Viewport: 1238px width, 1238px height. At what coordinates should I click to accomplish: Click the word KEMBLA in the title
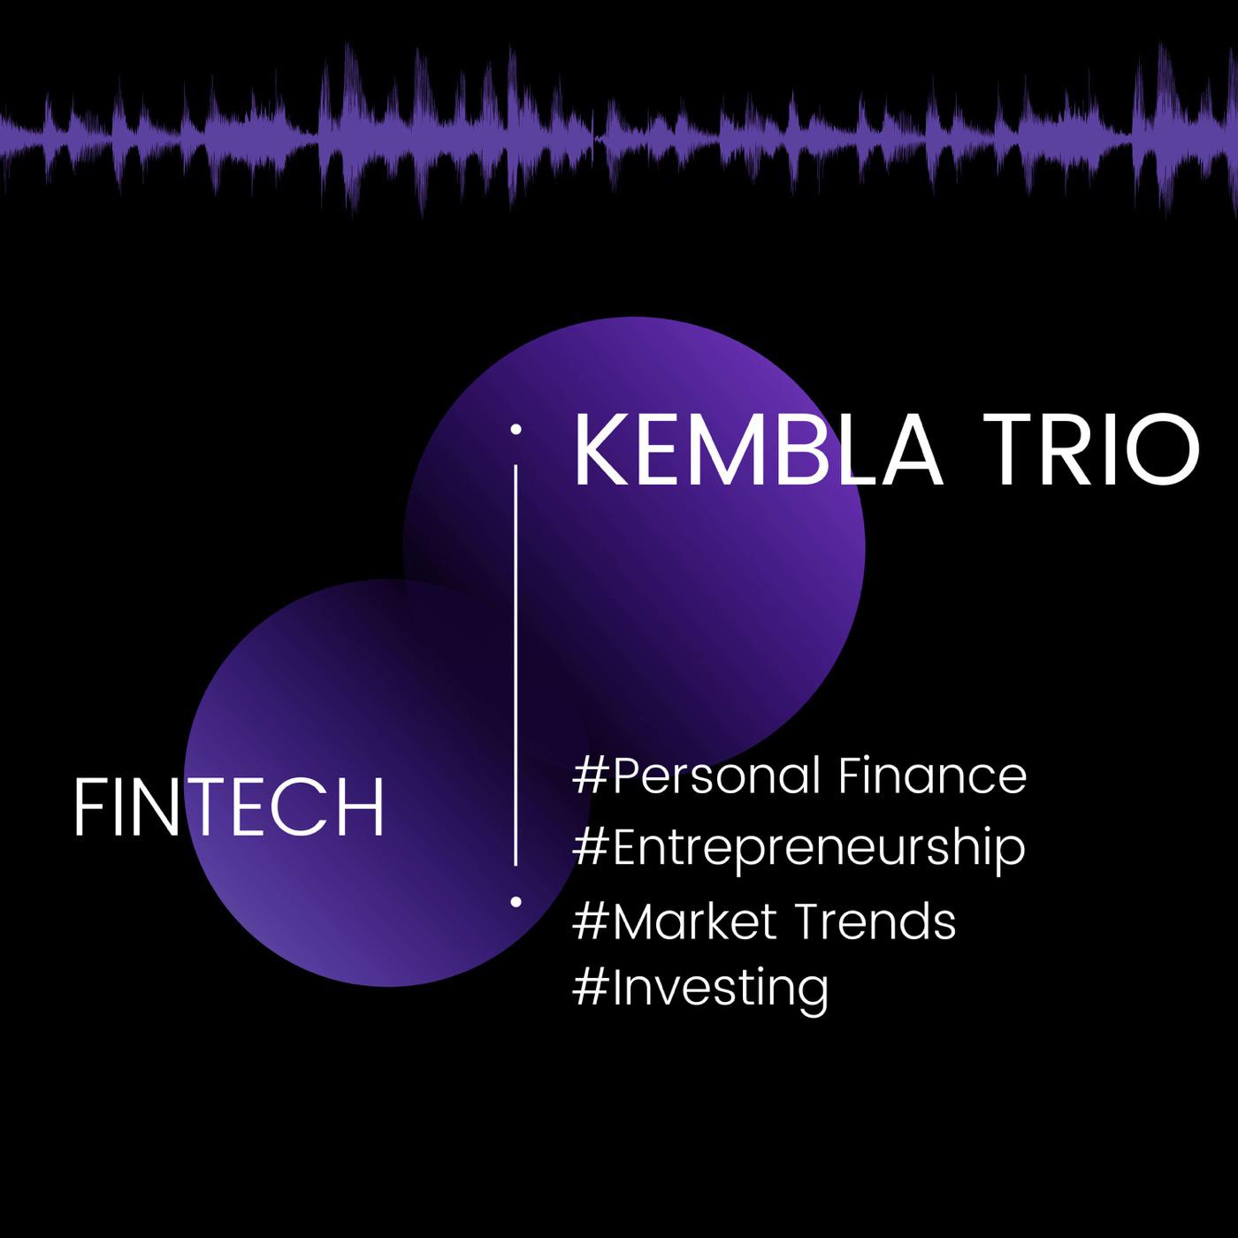[758, 450]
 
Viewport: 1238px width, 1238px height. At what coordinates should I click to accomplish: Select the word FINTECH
[229, 806]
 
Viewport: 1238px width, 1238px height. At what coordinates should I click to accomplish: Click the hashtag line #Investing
[699, 987]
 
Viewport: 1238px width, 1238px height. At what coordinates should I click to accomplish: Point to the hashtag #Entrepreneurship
[799, 848]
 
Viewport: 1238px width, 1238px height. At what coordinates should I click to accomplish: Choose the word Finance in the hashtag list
[932, 776]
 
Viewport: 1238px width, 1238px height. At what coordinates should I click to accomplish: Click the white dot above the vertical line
[516, 429]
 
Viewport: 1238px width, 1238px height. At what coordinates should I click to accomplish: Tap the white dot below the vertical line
[516, 902]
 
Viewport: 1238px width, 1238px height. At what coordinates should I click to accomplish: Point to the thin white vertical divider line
[516, 666]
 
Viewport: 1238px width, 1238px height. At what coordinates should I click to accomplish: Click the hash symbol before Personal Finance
[590, 776]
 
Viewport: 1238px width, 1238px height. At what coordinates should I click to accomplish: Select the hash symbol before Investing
[590, 988]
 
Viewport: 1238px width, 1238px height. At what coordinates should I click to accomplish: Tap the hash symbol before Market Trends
[590, 921]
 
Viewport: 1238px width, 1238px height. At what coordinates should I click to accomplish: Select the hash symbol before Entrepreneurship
[590, 847]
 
